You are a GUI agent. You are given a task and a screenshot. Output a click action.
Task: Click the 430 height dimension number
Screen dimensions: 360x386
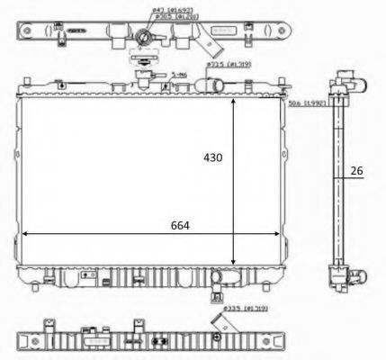click(x=211, y=157)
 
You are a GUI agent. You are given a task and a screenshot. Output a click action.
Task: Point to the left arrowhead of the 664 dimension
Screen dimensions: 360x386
click(x=22, y=233)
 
